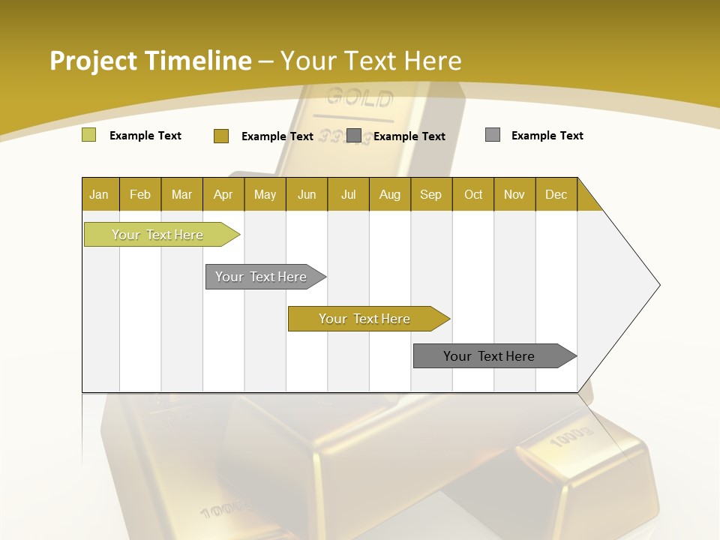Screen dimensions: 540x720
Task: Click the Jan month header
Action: point(100,194)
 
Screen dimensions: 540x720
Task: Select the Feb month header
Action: point(140,194)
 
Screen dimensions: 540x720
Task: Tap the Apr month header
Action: point(223,194)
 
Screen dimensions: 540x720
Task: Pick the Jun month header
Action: point(307,194)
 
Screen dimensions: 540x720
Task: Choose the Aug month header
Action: point(390,194)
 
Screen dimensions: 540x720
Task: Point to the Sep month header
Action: point(431,194)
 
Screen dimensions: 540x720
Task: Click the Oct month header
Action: point(473,194)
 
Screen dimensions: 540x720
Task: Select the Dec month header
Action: point(556,194)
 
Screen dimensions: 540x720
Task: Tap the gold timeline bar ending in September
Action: point(365,319)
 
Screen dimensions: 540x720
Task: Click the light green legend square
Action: point(88,135)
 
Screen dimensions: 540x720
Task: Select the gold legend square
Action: point(220,136)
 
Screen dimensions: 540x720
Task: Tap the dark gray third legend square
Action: point(354,136)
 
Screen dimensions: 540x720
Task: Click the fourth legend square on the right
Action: point(492,135)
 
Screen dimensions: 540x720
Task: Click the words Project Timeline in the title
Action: point(151,61)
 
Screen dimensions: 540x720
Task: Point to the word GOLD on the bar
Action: point(359,97)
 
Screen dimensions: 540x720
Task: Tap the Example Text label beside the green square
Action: point(145,136)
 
